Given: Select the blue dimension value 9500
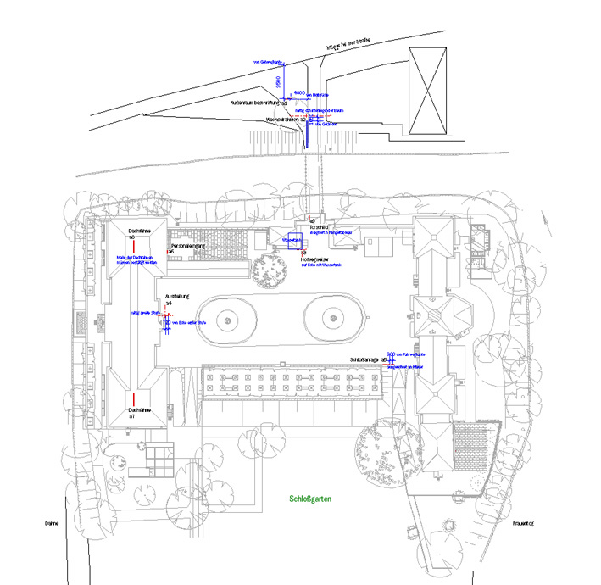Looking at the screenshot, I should [278, 81].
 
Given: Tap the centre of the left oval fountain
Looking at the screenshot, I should [229, 320].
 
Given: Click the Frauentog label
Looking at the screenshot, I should [524, 524].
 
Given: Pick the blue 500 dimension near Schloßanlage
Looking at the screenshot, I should [391, 354].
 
